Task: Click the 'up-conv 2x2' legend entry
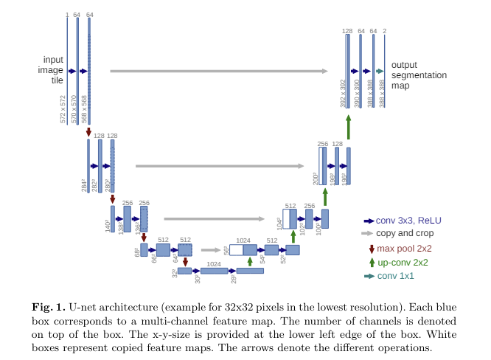404,262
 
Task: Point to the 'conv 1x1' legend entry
395,276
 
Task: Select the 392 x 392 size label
343,94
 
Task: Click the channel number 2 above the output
385,31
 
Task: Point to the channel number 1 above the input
67,14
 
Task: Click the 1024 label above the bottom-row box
214,263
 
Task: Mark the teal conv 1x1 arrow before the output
380,71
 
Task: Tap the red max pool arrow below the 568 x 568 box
89,132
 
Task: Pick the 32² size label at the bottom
175,274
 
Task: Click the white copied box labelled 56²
237,250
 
